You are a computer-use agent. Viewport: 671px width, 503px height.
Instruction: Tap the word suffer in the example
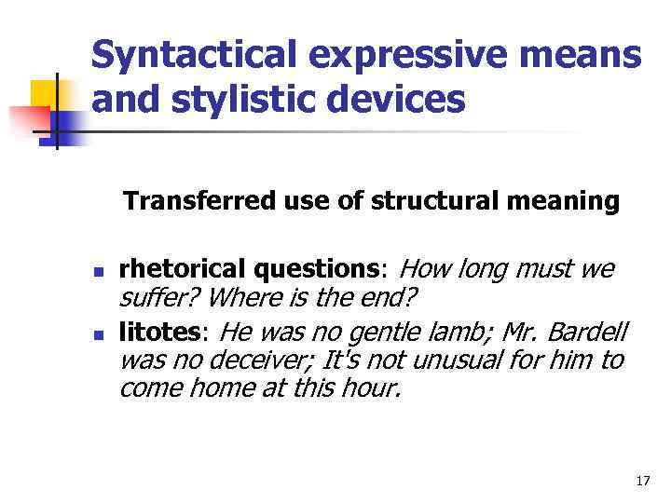(152, 300)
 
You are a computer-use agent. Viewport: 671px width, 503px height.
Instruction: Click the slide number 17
(642, 481)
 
